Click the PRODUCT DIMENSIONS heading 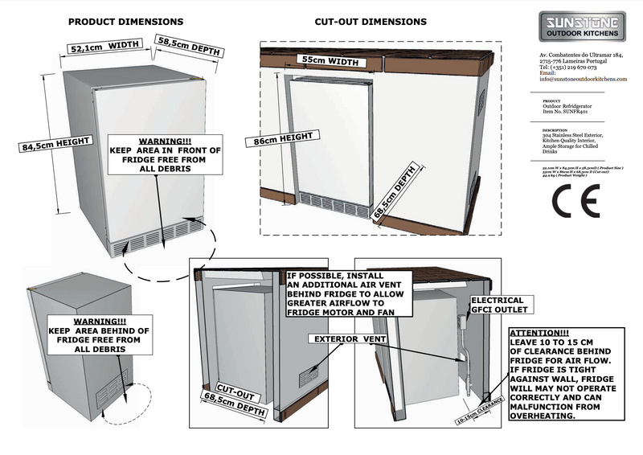coord(125,22)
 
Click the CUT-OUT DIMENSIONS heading coord(359,22)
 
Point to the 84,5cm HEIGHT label coord(55,146)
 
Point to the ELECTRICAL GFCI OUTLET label coord(498,305)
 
